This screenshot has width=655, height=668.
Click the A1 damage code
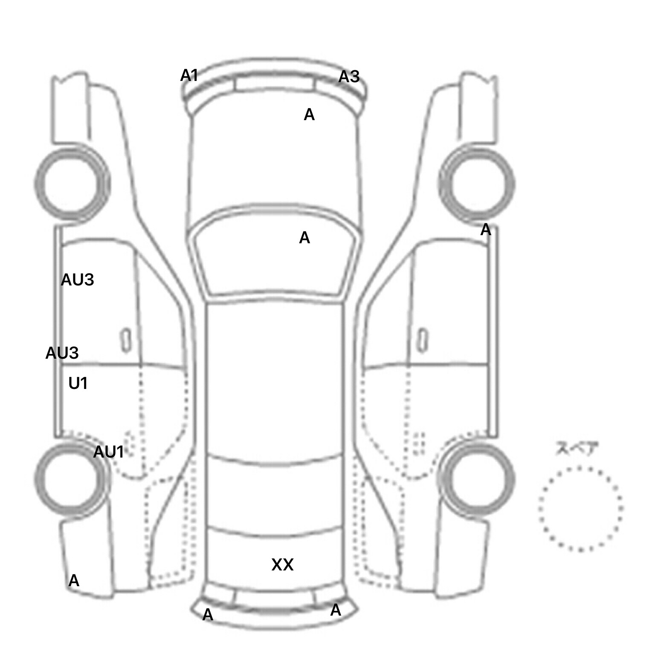pyautogui.click(x=189, y=76)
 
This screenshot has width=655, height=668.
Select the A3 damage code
pyautogui.click(x=349, y=77)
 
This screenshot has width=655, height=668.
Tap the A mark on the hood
pyautogui.click(x=309, y=115)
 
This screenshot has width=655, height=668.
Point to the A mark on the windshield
pyautogui.click(x=304, y=238)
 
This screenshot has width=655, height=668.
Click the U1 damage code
pyautogui.click(x=78, y=384)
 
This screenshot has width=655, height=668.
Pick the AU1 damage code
pyautogui.click(x=108, y=452)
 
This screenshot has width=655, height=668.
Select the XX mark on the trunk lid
pyautogui.click(x=282, y=565)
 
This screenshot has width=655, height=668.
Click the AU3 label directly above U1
pyautogui.click(x=62, y=353)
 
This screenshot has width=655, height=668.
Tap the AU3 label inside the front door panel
pyautogui.click(x=78, y=280)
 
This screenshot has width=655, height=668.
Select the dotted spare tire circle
pyautogui.click(x=581, y=468)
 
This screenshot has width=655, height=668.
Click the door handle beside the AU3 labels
pyautogui.click(x=126, y=340)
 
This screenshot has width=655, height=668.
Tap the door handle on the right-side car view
pyautogui.click(x=422, y=340)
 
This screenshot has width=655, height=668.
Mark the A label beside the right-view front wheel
pyautogui.click(x=486, y=230)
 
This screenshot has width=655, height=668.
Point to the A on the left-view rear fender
pyautogui.click(x=74, y=581)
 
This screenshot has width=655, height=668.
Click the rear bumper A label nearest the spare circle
pyautogui.click(x=336, y=610)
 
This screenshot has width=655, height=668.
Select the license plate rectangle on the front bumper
pyautogui.click(x=274, y=84)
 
